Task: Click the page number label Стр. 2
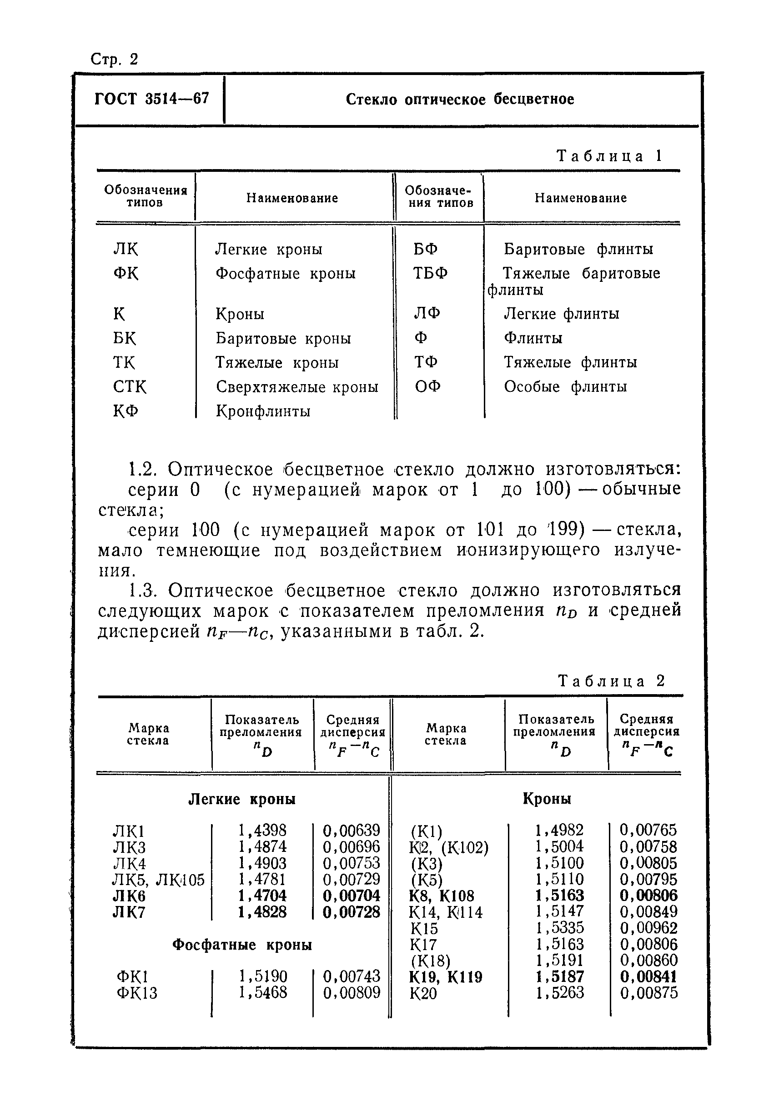pyautogui.click(x=114, y=60)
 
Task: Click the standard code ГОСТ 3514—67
pyautogui.click(x=151, y=99)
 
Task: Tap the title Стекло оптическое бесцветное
pyautogui.click(x=460, y=99)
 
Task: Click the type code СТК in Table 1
pyautogui.click(x=130, y=386)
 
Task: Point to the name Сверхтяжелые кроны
pyautogui.click(x=297, y=386)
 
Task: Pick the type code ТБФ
pyautogui.click(x=430, y=273)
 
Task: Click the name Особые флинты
pyautogui.click(x=565, y=386)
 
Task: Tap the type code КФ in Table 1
pyautogui.click(x=126, y=411)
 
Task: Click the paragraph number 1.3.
pyautogui.click(x=142, y=591)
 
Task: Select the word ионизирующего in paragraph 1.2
pyautogui.click(x=528, y=550)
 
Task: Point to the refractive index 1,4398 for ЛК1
pyautogui.click(x=262, y=830)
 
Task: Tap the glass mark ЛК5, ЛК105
pyautogui.click(x=158, y=880)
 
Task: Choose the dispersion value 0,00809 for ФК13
pyautogui.click(x=352, y=993)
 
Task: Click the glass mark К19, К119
pyautogui.click(x=446, y=977)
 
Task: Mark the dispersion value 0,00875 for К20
pyautogui.click(x=648, y=993)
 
